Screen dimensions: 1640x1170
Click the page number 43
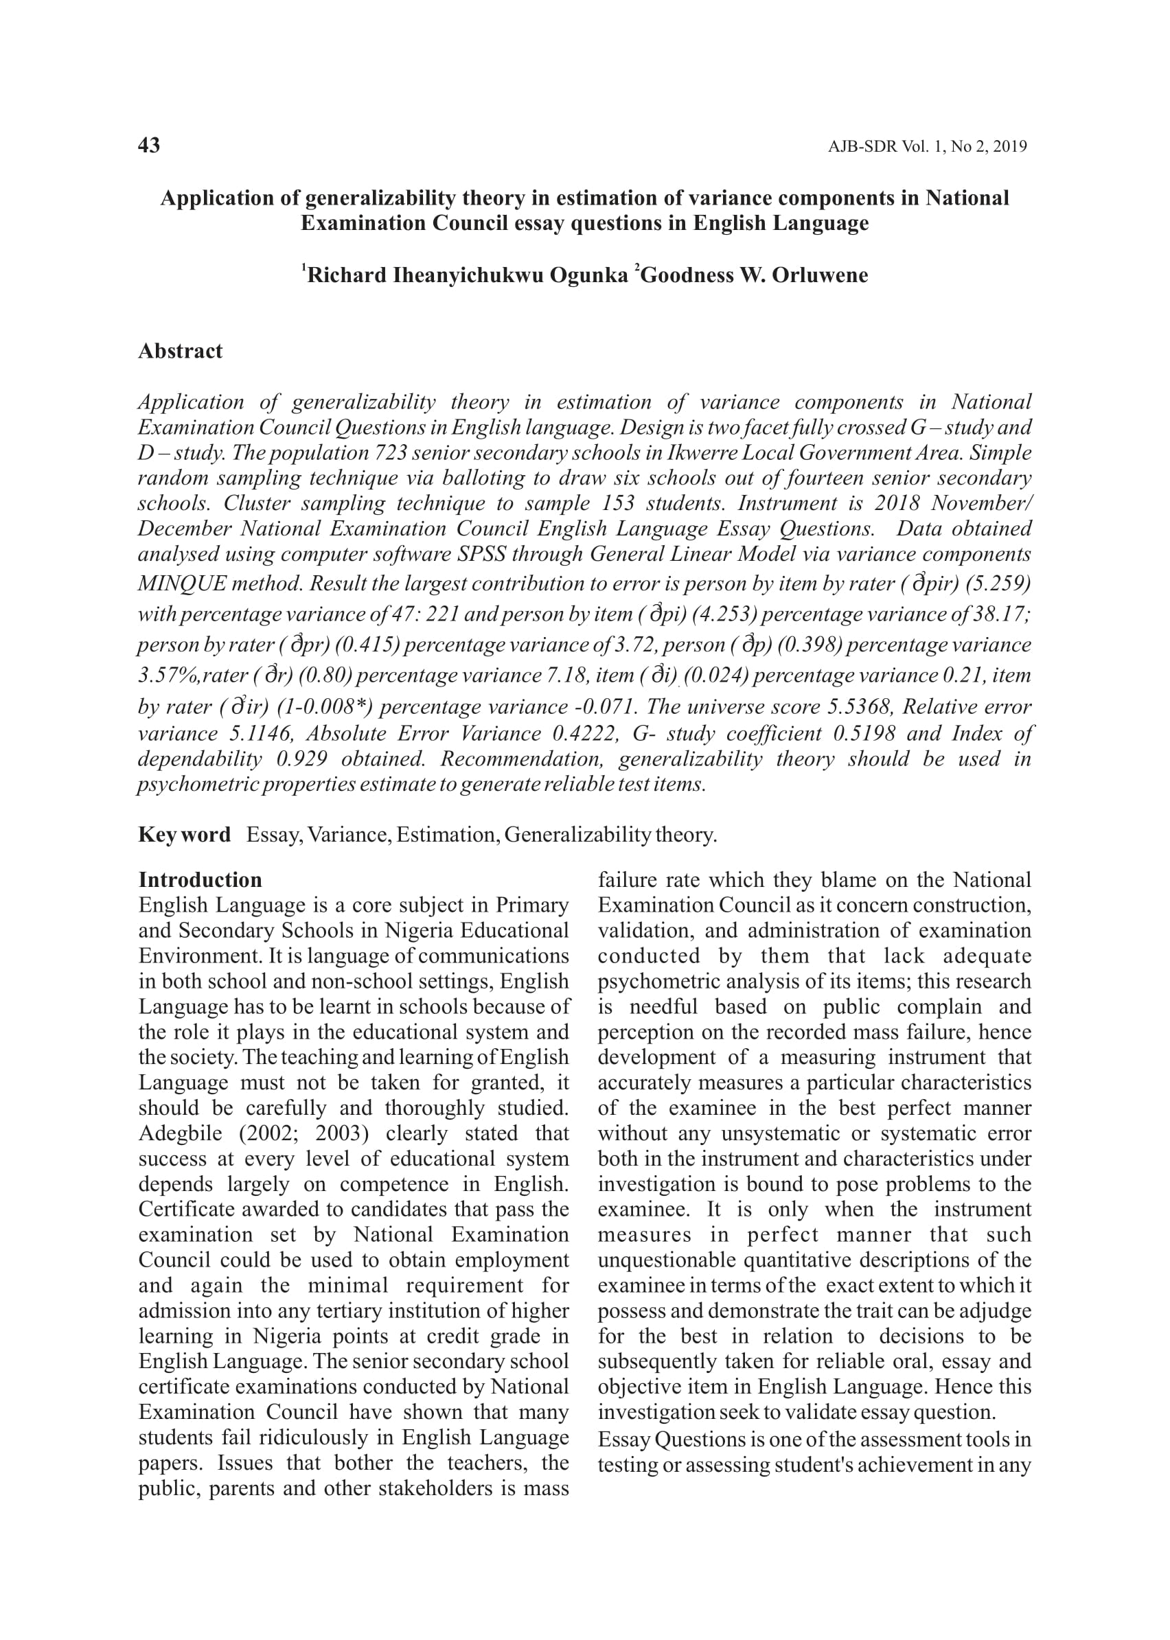(x=149, y=146)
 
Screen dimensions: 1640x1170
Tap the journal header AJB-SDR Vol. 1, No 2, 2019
(x=926, y=147)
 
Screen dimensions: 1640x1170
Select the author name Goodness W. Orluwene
(x=754, y=276)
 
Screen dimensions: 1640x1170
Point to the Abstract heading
(x=180, y=351)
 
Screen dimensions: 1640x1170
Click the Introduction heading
(x=200, y=880)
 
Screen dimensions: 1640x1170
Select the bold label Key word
(x=185, y=835)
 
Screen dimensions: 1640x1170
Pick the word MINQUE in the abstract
(x=181, y=584)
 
